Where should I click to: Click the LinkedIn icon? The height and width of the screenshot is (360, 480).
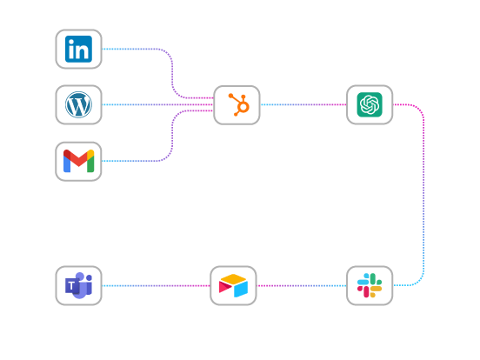78,49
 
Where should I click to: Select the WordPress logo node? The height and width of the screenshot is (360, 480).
78,104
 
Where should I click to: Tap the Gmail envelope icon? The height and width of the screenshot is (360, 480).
78,161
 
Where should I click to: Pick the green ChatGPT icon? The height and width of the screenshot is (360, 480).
370,104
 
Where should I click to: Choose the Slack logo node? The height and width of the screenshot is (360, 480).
370,285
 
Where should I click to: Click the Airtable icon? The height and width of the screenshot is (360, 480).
233,285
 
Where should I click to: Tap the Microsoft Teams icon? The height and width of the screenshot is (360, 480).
78,285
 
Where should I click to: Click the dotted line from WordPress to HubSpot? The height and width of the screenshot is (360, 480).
157,104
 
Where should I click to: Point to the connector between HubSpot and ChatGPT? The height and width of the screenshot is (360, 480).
303,104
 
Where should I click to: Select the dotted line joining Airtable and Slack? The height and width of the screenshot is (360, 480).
302,285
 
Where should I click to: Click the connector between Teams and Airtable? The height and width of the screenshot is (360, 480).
156,285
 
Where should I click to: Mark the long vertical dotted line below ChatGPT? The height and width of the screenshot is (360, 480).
423,195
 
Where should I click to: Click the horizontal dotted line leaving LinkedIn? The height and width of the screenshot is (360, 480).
130,49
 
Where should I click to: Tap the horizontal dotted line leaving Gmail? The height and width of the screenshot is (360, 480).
130,161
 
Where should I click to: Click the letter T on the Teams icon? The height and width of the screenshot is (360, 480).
71,286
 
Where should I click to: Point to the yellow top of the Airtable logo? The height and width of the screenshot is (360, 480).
233,278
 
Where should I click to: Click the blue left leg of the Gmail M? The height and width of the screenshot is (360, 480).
67,163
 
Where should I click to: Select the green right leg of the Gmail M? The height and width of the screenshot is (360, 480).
90,163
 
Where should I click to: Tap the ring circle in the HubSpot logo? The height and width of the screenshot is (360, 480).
243,107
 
